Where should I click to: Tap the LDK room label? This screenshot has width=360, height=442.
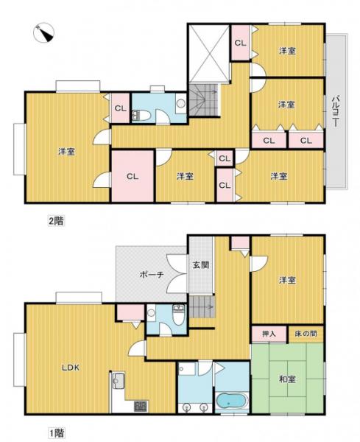(71, 368)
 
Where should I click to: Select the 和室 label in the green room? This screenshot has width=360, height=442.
(287, 379)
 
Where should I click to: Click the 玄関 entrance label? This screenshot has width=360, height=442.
(200, 265)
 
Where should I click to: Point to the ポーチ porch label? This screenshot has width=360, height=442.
(152, 275)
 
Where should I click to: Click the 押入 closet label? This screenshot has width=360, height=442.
(269, 334)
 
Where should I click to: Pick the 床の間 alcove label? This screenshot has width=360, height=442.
(306, 334)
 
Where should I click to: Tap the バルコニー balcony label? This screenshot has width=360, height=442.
(336, 111)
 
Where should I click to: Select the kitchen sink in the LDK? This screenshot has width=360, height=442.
(119, 381)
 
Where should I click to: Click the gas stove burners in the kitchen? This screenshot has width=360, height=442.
(141, 406)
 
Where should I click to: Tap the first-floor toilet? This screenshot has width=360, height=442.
(178, 315)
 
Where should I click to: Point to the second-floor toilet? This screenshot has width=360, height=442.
(141, 116)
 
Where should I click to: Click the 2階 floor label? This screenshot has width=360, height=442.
(57, 221)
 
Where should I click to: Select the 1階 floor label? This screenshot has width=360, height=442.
(57, 432)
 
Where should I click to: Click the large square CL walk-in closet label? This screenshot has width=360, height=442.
(133, 177)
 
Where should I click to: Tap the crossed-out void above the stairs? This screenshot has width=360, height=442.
(208, 54)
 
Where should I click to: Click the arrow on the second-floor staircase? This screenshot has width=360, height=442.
(211, 92)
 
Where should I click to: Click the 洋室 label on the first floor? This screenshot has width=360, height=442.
(287, 280)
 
